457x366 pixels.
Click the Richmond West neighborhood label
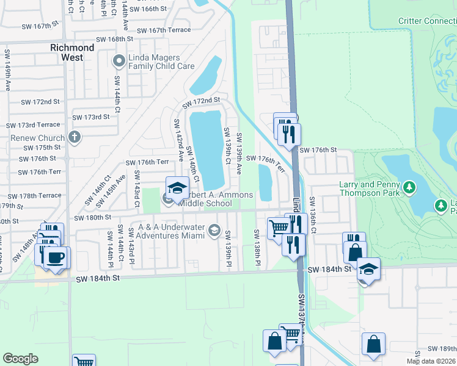point(72,52)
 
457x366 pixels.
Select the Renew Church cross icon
point(75,137)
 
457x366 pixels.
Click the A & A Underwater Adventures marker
point(214,230)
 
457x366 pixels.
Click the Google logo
point(20,359)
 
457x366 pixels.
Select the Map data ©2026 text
point(431,361)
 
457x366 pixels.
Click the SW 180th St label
point(93,217)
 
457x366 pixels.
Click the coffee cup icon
point(57,257)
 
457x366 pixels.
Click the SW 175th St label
point(42,148)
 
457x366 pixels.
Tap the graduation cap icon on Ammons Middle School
point(177,187)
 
